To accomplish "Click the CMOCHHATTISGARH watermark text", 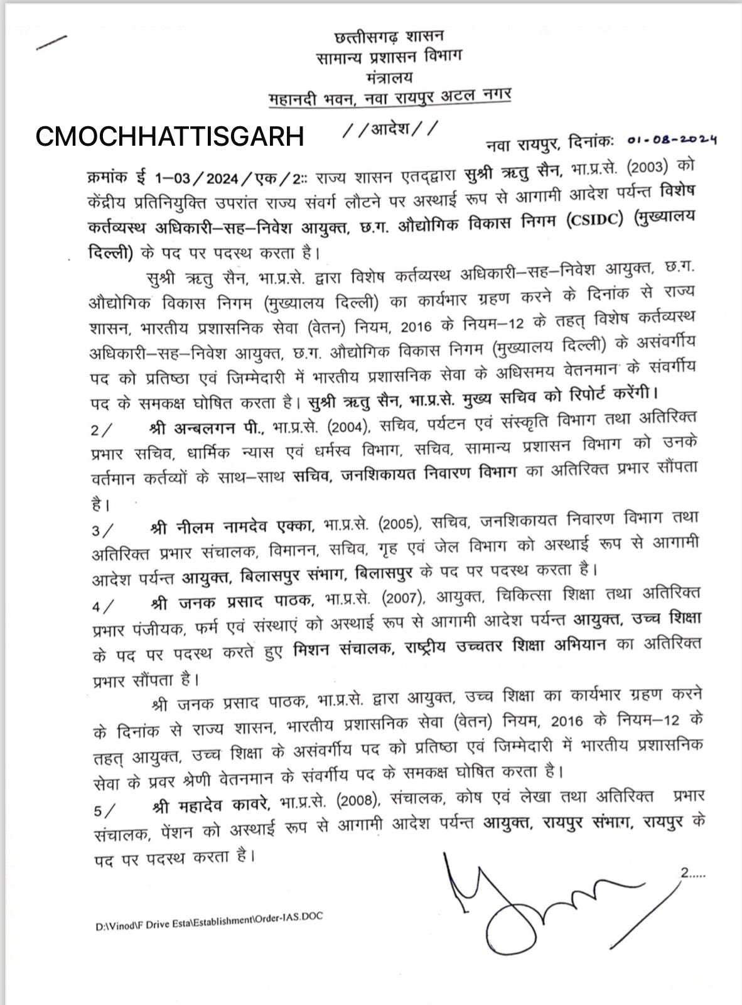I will [x=169, y=136].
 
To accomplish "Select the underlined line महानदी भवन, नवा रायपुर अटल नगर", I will [x=389, y=97].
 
